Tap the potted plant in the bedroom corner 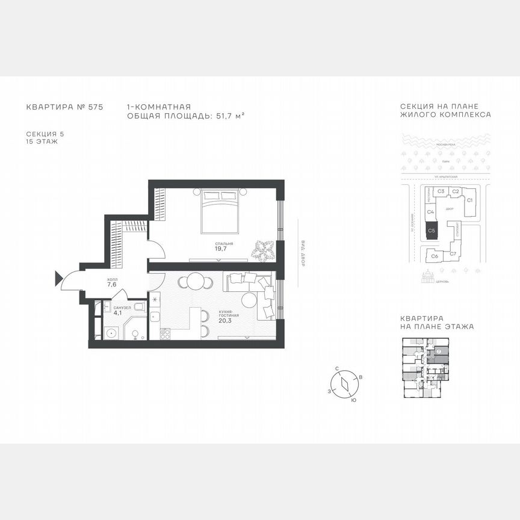pyautogui.click(x=263, y=249)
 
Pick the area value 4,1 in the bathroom pyautogui.click(x=118, y=312)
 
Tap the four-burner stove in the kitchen pyautogui.click(x=164, y=333)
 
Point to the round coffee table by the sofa pyautogui.click(x=249, y=300)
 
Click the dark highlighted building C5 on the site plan pyautogui.click(x=431, y=230)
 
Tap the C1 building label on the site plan pyautogui.click(x=470, y=199)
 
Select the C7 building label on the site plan pyautogui.click(x=453, y=254)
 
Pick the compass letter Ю pyautogui.click(x=353, y=400)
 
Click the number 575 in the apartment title pyautogui.click(x=96, y=107)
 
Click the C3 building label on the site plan pyautogui.click(x=441, y=191)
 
